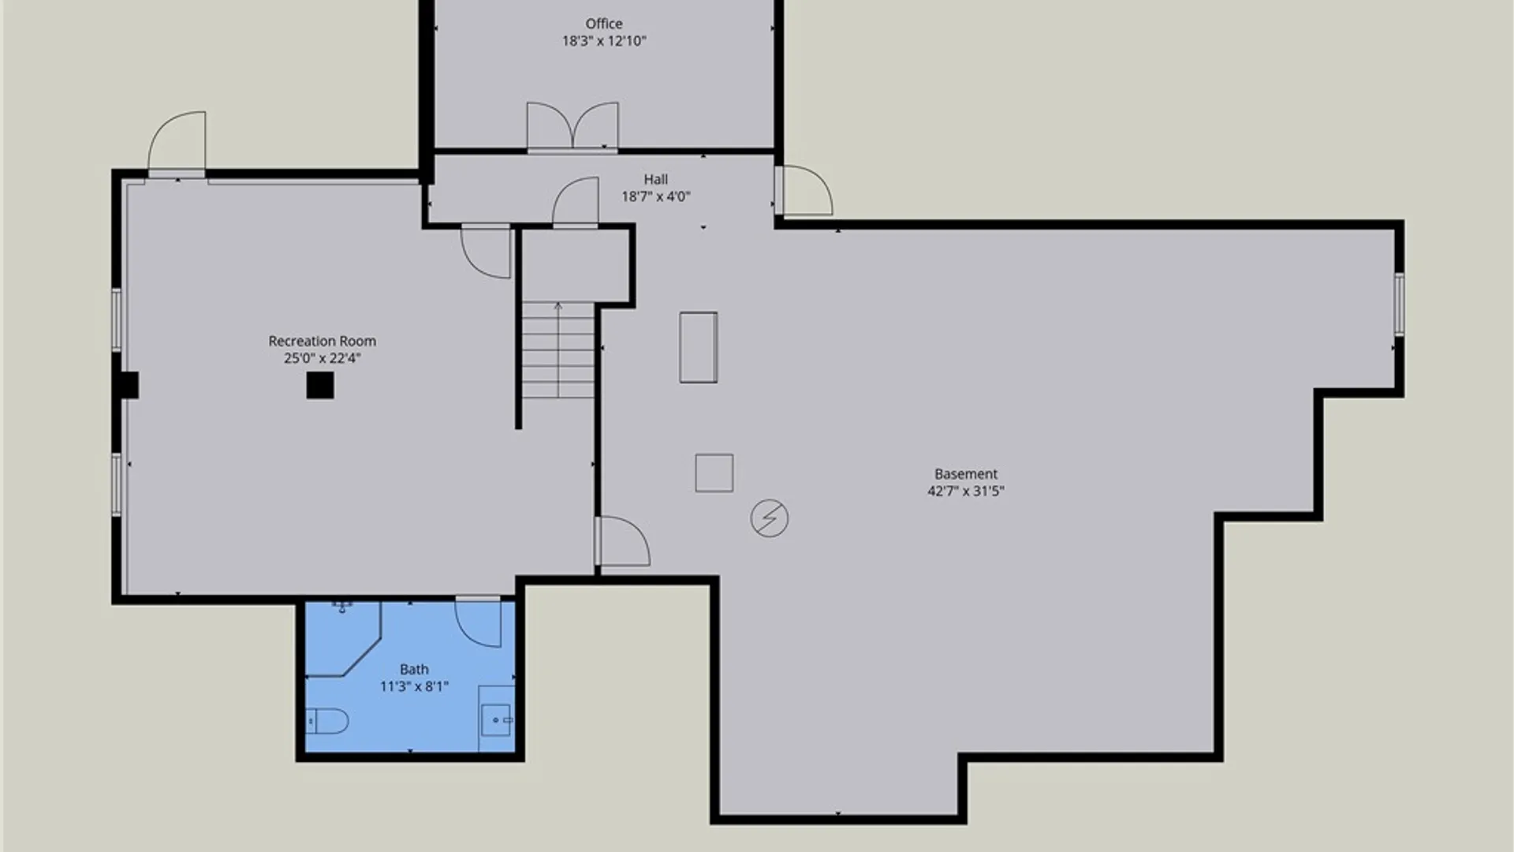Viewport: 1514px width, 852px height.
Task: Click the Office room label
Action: coord(604,24)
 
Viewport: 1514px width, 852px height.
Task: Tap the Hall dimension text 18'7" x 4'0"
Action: coord(655,196)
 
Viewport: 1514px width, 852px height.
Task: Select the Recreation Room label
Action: coord(322,341)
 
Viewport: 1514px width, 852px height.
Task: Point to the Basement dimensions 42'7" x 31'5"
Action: coord(966,491)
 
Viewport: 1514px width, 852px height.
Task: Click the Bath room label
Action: coord(414,669)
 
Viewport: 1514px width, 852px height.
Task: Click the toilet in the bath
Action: coord(327,720)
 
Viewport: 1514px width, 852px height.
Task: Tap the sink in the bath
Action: coord(497,719)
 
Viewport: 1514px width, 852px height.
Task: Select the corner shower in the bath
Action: coord(343,639)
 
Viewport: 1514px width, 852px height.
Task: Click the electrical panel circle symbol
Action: coord(769,518)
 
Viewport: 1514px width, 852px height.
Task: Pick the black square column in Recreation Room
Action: coord(320,385)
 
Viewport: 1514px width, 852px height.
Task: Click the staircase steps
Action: coord(557,349)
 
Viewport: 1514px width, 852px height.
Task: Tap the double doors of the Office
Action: coord(572,126)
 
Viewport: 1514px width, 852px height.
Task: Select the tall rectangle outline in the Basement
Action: coord(699,347)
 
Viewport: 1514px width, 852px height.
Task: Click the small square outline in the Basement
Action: coord(714,473)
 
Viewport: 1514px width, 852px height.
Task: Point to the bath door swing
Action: coord(478,622)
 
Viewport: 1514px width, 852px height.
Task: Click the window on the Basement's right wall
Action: coord(1399,304)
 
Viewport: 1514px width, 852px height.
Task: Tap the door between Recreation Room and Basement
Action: coord(622,541)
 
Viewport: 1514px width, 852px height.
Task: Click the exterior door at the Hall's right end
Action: coord(804,190)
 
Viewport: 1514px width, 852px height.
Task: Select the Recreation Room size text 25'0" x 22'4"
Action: coord(322,358)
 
